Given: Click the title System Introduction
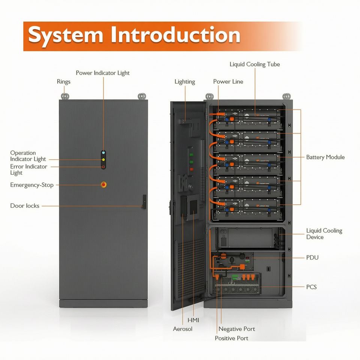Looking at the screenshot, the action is [x=134, y=35].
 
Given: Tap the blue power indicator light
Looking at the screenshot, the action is [x=103, y=153].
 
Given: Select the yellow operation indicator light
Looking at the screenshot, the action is [x=103, y=160].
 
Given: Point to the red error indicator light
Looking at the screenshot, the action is [x=103, y=167].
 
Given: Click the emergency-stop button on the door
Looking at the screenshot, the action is [x=103, y=184].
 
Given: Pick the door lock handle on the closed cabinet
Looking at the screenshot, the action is [x=144, y=202].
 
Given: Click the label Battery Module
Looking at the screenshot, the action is [x=325, y=157].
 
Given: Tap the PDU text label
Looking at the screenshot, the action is [x=312, y=258].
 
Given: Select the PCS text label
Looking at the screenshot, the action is [x=311, y=287].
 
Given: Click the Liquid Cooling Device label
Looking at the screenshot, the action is [x=324, y=234].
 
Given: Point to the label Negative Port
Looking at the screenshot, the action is [x=237, y=329].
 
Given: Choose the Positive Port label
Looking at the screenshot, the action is [x=231, y=338].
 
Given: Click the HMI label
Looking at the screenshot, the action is [x=193, y=320].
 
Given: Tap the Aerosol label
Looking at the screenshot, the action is [x=183, y=329].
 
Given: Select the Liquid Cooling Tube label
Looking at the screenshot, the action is [x=255, y=64].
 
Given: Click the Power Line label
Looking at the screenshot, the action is [x=228, y=81].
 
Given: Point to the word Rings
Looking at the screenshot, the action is [x=64, y=82].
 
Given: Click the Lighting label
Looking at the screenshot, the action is [x=184, y=82].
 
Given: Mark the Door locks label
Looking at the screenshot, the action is [x=25, y=206].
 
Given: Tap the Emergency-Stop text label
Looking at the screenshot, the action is [x=32, y=185].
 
